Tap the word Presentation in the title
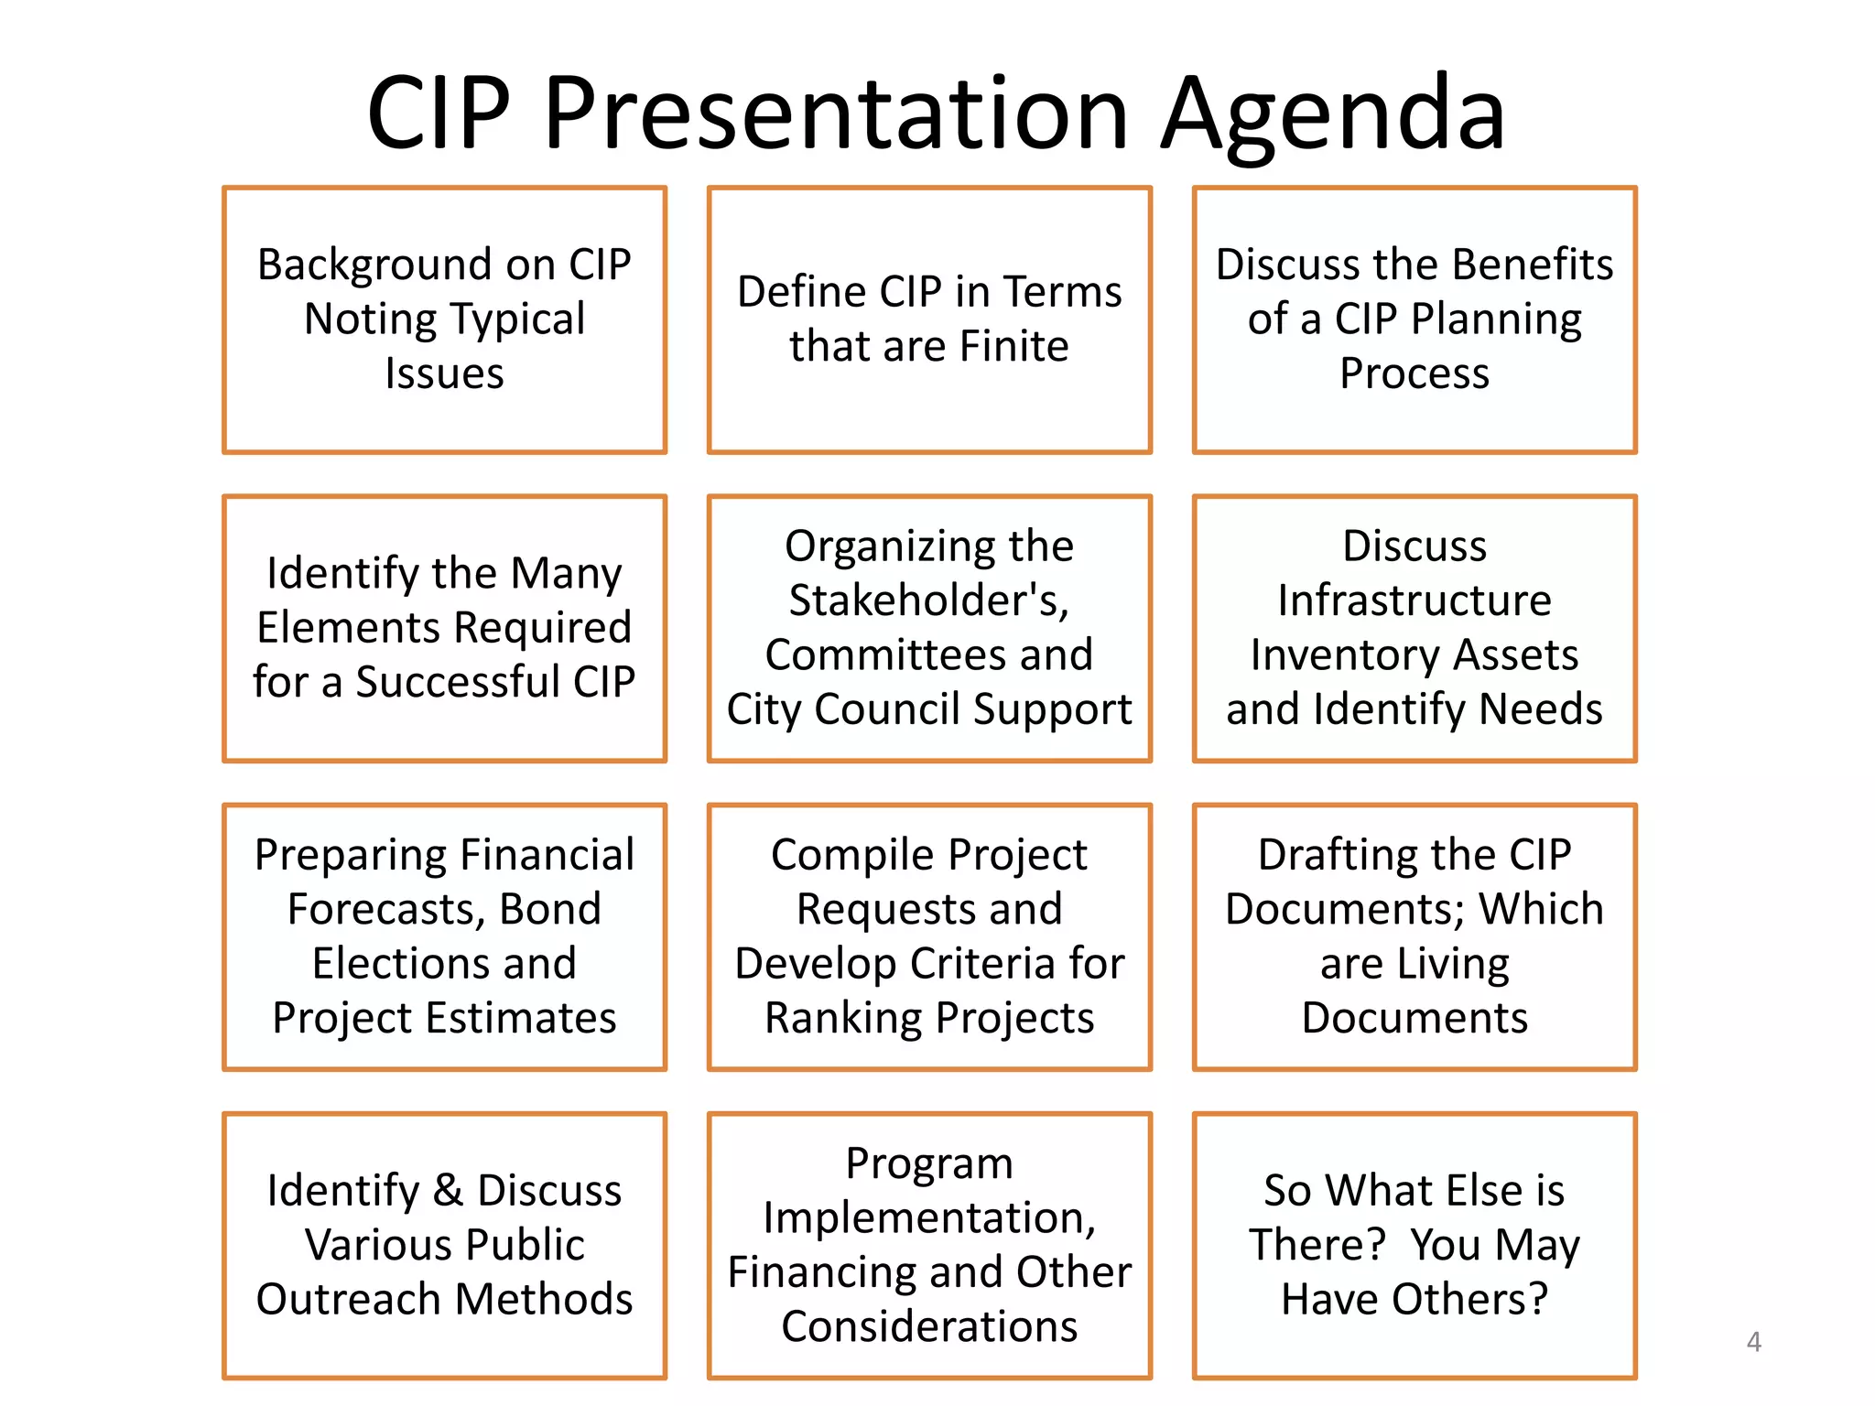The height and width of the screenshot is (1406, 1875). (x=835, y=114)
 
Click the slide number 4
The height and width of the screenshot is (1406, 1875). (x=1753, y=1342)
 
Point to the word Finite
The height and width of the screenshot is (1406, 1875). (x=1014, y=347)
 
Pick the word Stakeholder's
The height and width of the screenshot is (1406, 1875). (x=928, y=600)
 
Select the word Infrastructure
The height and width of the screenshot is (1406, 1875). (x=1414, y=600)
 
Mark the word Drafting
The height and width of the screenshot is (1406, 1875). (x=1337, y=855)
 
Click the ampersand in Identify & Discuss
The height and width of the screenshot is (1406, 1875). (x=448, y=1191)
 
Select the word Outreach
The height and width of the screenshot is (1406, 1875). (x=352, y=1300)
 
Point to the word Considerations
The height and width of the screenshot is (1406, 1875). (x=928, y=1327)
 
